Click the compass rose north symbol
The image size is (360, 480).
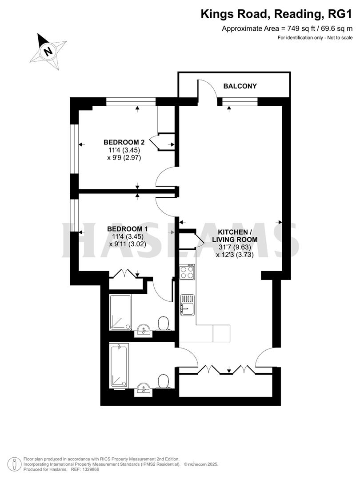point(48,50)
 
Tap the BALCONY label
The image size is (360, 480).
point(240,86)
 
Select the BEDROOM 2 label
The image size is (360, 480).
point(124,142)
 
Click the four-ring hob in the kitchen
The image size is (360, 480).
point(187,272)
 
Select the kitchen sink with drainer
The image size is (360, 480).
point(188,305)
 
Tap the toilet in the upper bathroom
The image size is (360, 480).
point(163,324)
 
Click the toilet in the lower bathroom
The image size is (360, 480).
point(163,381)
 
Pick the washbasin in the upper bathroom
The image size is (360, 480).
point(143,329)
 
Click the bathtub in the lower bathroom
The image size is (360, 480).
point(119,364)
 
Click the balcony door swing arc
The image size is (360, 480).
point(207,89)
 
